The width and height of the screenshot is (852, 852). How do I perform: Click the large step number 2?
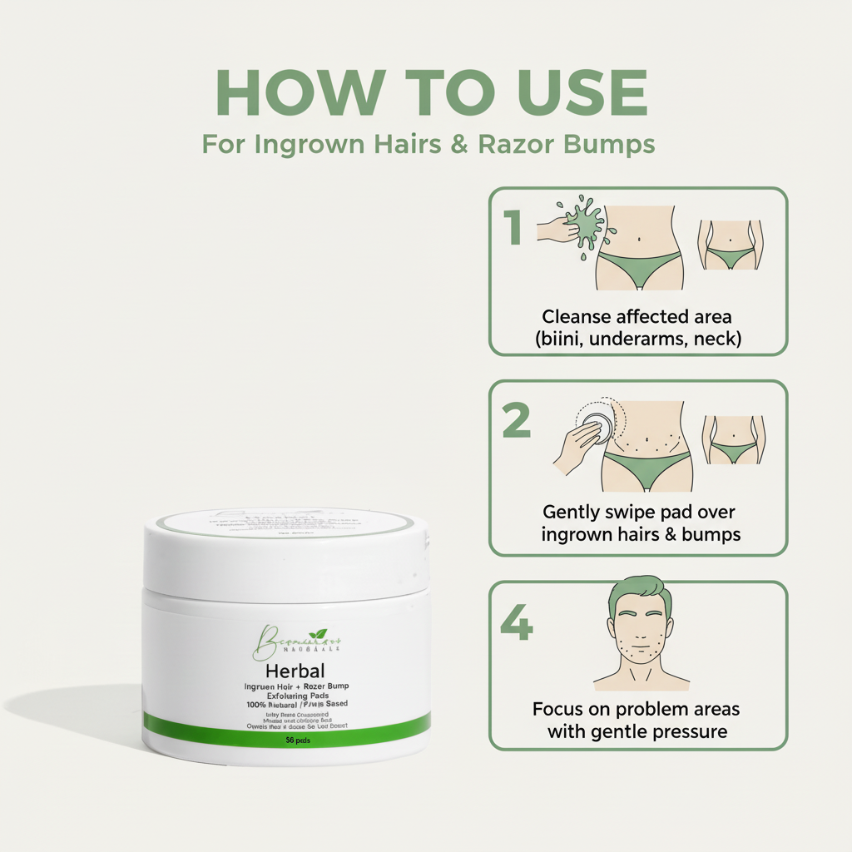516,422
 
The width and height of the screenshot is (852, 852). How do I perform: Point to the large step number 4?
516,622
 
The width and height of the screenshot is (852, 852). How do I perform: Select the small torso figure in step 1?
730,245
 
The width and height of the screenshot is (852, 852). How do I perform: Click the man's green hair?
638,592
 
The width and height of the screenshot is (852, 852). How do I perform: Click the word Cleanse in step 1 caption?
576,316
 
